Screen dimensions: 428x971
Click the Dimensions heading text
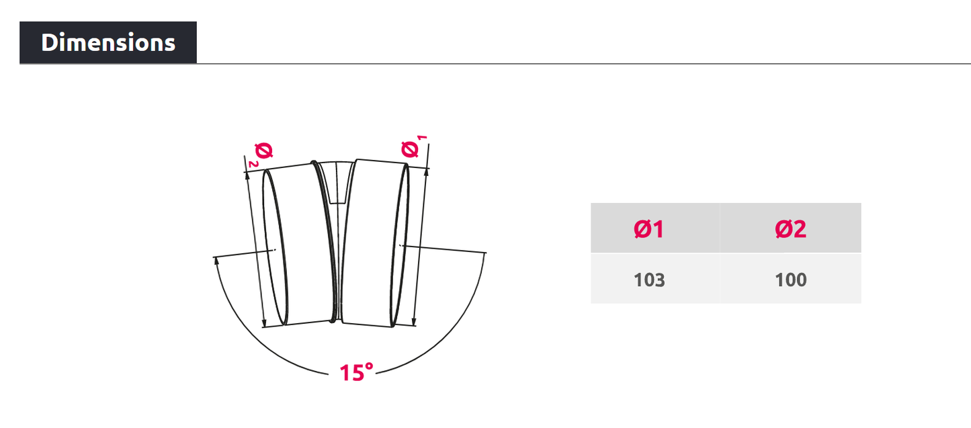(108, 42)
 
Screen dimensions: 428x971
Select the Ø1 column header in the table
(648, 229)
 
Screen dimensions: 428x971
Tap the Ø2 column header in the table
(790, 229)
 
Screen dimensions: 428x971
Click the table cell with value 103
(648, 280)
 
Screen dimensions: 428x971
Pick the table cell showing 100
(790, 280)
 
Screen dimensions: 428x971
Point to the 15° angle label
(356, 372)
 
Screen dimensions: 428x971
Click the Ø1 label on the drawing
(411, 148)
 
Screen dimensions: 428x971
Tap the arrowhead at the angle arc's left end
(216, 262)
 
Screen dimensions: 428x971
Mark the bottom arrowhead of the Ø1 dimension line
(415, 322)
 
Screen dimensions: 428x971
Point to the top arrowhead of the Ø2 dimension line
(248, 175)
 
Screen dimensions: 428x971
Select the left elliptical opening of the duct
(276, 247)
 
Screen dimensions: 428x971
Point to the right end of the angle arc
(484, 253)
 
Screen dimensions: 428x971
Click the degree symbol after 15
(368, 367)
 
